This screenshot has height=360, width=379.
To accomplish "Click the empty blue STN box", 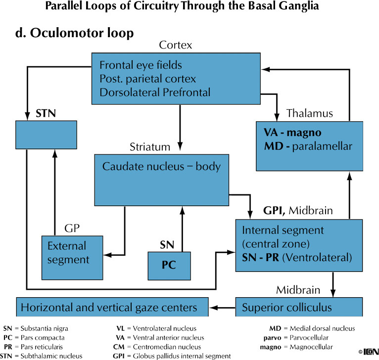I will click(x=47, y=135).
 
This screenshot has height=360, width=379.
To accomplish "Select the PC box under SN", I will click(x=169, y=266).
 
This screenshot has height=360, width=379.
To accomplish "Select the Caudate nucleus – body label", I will click(x=161, y=167).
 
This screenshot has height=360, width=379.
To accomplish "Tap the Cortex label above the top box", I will click(x=176, y=45).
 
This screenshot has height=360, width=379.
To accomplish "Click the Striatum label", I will click(x=150, y=147).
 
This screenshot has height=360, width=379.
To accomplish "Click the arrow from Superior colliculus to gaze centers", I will click(x=222, y=308).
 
